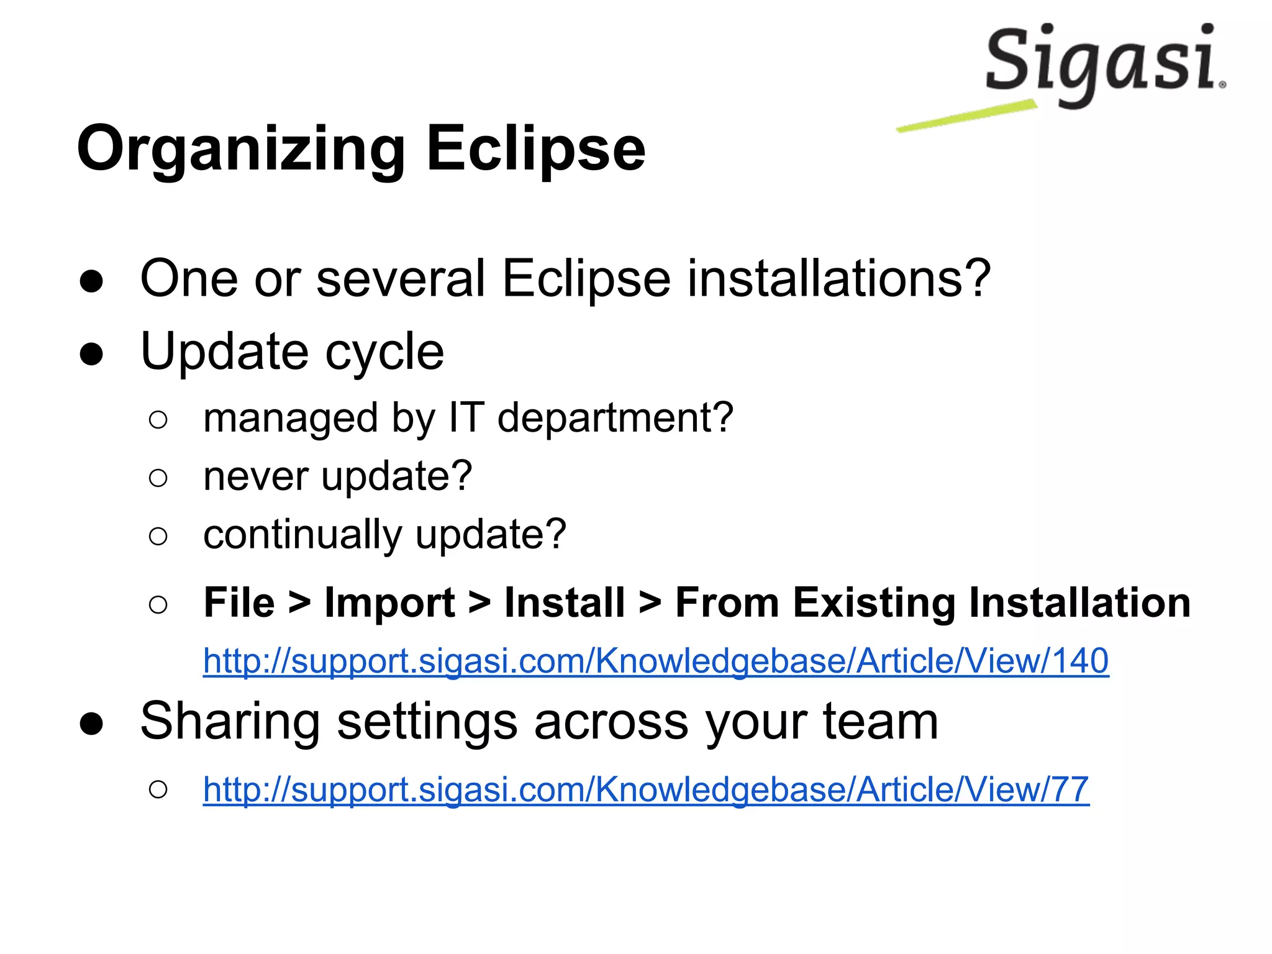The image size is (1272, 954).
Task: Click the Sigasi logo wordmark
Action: (x=1102, y=62)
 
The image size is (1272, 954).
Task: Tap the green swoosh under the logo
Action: (x=966, y=116)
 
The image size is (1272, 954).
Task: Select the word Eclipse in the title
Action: (x=535, y=150)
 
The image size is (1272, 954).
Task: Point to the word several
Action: (x=401, y=279)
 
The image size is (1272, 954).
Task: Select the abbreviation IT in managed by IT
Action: (x=465, y=417)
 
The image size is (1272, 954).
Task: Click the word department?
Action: (x=615, y=419)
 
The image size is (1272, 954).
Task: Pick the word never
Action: (x=255, y=477)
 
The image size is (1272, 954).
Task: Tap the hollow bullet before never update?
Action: (x=158, y=478)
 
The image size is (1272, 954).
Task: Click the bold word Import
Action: (x=389, y=603)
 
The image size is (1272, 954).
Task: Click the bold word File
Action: (x=239, y=603)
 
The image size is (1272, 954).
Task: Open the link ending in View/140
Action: (x=655, y=661)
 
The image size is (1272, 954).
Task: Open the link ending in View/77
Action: (x=646, y=790)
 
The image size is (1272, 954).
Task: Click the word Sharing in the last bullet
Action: (x=230, y=722)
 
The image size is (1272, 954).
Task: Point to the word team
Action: (x=880, y=722)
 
